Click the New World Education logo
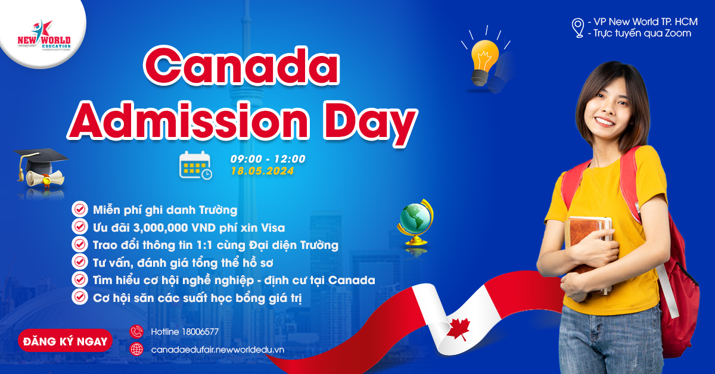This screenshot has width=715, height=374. (x=44, y=35)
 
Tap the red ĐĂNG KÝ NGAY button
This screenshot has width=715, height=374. (x=65, y=341)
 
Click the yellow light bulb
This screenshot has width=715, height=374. (x=484, y=63)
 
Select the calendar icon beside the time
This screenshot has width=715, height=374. (x=195, y=165)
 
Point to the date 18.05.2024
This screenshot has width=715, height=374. (x=262, y=171)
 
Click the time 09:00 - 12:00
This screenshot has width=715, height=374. (x=268, y=158)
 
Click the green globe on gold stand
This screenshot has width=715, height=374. (x=416, y=222)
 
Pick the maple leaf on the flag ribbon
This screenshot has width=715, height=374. (x=458, y=329)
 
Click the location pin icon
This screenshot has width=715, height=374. (x=578, y=28)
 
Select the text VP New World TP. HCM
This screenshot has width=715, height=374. (x=645, y=21)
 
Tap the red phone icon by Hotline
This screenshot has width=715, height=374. (x=136, y=332)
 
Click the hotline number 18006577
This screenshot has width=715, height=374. (x=200, y=332)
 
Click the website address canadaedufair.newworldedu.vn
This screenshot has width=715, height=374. (x=217, y=350)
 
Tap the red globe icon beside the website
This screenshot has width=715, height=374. (x=136, y=350)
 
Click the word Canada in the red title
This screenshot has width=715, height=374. (x=242, y=66)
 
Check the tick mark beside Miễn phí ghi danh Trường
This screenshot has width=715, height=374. (x=79, y=210)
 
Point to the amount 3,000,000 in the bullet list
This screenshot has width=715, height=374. (x=160, y=228)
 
